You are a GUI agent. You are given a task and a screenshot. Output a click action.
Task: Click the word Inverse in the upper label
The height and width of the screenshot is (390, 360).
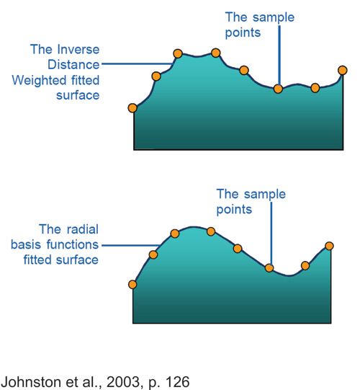click(x=78, y=49)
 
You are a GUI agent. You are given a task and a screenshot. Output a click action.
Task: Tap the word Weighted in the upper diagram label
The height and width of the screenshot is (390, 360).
click(x=39, y=80)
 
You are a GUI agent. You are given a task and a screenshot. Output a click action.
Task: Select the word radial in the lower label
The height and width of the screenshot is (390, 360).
click(x=83, y=229)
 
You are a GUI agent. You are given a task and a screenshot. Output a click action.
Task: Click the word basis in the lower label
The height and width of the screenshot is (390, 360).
click(x=26, y=244)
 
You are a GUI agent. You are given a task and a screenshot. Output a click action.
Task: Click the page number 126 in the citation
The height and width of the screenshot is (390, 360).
click(x=177, y=382)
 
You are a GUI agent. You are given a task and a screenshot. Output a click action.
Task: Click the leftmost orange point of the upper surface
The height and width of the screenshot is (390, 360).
click(x=132, y=108)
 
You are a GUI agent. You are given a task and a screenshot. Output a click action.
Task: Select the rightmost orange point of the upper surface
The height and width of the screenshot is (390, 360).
click(x=343, y=70)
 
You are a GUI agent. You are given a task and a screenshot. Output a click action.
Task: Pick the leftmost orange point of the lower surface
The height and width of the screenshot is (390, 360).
click(x=132, y=284)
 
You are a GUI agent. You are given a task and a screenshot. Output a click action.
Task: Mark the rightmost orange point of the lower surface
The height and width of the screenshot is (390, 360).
click(x=329, y=246)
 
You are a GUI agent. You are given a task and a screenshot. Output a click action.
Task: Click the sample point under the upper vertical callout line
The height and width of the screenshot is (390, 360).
click(x=278, y=89)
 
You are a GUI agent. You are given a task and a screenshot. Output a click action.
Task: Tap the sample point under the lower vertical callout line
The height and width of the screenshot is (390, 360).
click(x=269, y=268)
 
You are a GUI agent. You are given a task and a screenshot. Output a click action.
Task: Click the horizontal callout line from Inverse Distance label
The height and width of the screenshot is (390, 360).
click(x=138, y=64)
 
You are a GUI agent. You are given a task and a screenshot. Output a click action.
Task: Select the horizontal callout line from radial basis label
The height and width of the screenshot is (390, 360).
click(x=131, y=246)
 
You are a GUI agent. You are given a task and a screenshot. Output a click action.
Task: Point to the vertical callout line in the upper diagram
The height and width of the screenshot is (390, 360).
click(x=279, y=56)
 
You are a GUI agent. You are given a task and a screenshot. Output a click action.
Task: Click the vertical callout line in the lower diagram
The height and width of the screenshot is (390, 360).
click(x=271, y=234)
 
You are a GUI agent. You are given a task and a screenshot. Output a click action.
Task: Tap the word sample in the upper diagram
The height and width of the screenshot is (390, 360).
click(x=274, y=18)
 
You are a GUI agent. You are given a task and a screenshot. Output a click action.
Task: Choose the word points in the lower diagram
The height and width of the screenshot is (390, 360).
click(x=234, y=210)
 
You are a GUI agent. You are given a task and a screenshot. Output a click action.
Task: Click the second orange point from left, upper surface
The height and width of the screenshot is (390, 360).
click(x=156, y=76)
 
